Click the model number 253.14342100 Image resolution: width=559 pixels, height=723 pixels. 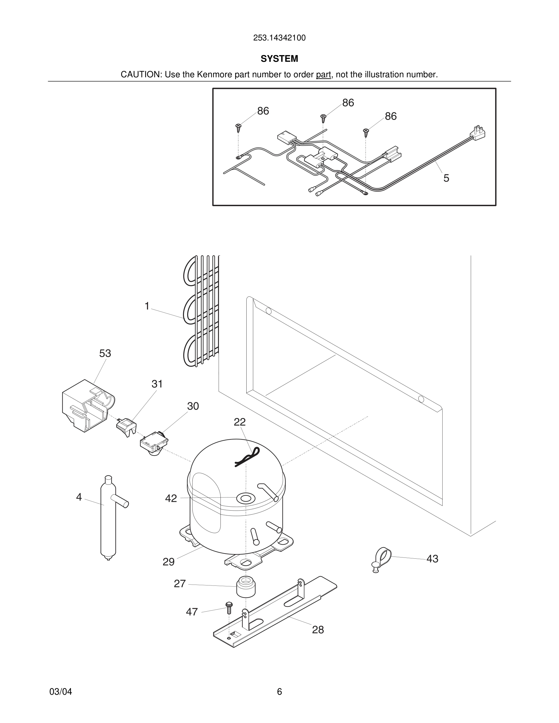click(279, 38)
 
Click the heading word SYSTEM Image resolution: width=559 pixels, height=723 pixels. click(279, 59)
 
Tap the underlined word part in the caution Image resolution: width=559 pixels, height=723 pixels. click(323, 75)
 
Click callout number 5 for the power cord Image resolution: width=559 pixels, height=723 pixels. click(446, 178)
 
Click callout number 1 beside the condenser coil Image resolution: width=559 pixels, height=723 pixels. click(147, 306)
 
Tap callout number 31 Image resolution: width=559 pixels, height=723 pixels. click(157, 384)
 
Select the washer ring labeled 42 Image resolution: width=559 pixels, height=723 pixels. click(245, 498)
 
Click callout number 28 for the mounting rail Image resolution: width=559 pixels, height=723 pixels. click(318, 630)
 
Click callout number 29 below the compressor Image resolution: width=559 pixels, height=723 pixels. click(168, 562)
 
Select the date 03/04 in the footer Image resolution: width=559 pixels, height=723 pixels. click(61, 692)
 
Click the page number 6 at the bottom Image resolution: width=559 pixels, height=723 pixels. click(279, 692)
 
